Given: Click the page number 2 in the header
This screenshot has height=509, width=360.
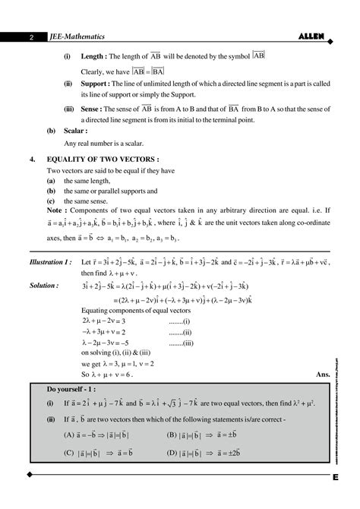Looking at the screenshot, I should tap(32, 36).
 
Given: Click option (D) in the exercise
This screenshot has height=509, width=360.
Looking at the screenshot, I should tap(172, 453).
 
